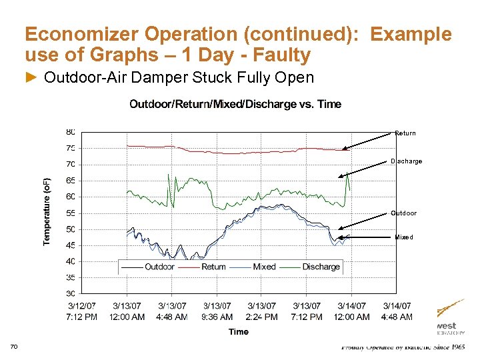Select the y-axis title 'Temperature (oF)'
[47, 212]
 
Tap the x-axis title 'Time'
[238, 331]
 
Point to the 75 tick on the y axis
[70, 149]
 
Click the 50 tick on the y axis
[70, 229]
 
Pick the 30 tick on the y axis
[70, 293]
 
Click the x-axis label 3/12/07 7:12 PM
[81, 311]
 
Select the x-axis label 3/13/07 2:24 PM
[261, 311]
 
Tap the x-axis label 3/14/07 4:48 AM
[397, 311]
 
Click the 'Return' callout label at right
[405, 133]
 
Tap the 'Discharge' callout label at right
[406, 161]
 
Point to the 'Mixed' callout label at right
[403, 237]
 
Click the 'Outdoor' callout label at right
[403, 213]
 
